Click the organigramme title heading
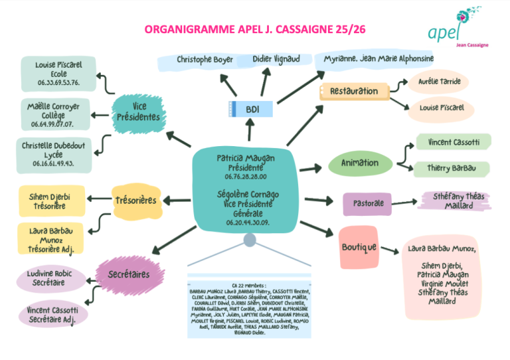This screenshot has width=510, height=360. pyautogui.click(x=255, y=30)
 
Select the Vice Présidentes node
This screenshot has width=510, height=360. pyautogui.click(x=137, y=111)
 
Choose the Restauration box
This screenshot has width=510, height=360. pyautogui.click(x=353, y=92)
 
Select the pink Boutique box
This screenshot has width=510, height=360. pyautogui.click(x=359, y=246)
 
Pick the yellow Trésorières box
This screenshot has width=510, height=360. pyautogui.click(x=135, y=199)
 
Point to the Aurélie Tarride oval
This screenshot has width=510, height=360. pyautogui.click(x=439, y=82)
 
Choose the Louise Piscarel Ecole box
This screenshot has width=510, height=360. pyautogui.click(x=58, y=74)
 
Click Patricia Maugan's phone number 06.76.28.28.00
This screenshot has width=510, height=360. pyautogui.click(x=245, y=177)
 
